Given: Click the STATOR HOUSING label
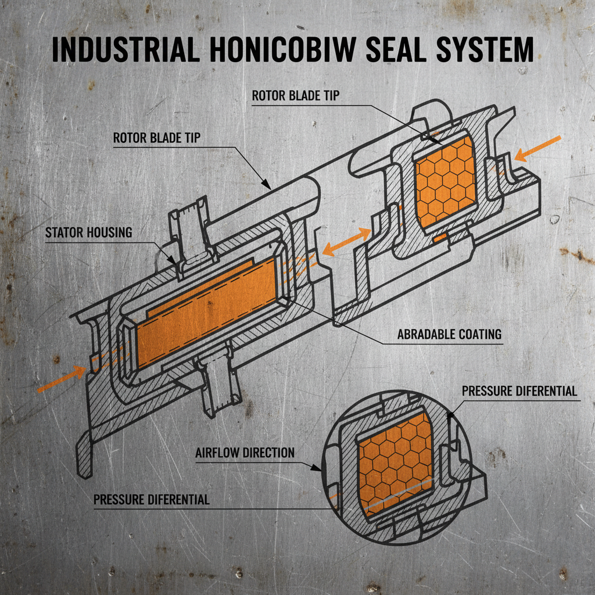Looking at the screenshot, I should [x=89, y=233].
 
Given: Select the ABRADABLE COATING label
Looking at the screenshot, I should [x=449, y=335].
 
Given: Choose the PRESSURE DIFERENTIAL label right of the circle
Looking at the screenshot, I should [x=519, y=390].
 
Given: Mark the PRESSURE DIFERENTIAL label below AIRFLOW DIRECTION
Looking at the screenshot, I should [x=151, y=499].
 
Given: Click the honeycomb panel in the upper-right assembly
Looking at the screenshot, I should [x=446, y=179].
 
